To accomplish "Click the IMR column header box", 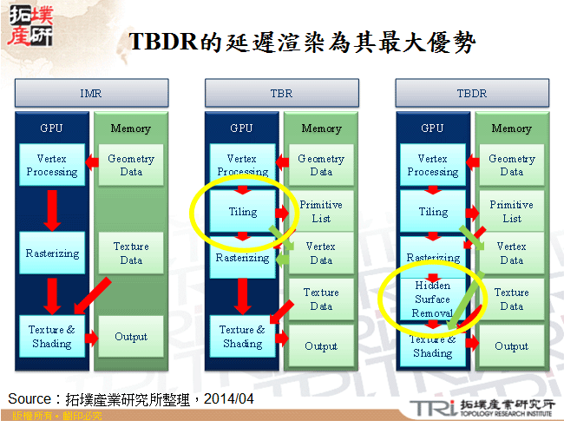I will pos(90,92).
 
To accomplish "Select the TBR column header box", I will pos(281,92).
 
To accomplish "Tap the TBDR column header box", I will pos(471,92).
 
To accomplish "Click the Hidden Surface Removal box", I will pos(433,299).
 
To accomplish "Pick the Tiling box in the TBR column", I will pos(242,212).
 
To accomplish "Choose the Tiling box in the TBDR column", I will pos(433,212).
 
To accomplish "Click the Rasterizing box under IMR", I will pos(52,253).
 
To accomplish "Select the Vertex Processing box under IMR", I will pos(52,165).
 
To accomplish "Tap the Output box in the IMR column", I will pos(131,337).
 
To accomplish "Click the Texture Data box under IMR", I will pos(131,253).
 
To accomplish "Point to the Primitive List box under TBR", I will pos(321,212).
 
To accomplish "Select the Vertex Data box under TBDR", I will pos(511,253).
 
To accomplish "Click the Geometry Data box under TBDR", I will pos(511,165).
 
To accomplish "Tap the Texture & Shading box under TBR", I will pos(242,336).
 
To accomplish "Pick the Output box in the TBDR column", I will pos(511,345).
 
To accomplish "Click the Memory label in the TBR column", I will pos(321,128).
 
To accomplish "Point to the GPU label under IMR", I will pos(51,128).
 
